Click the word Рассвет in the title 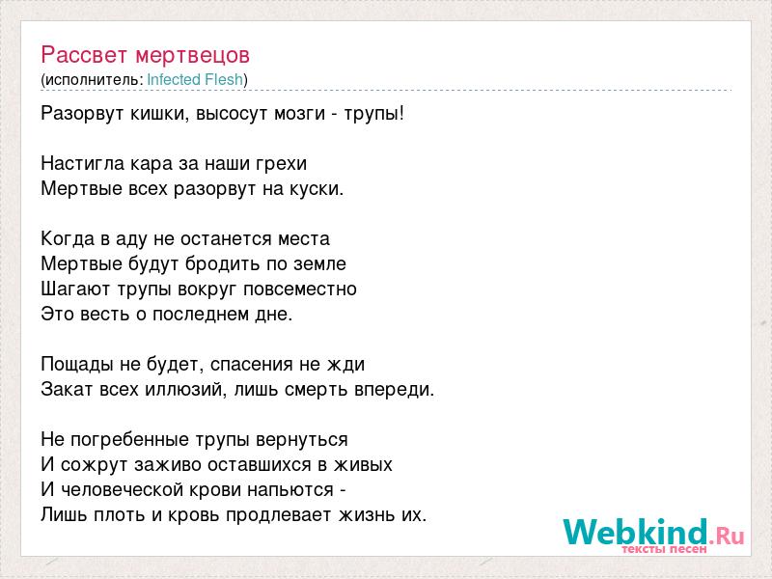click(84, 55)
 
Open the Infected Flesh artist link click(195, 80)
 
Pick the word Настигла click(83, 163)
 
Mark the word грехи click(281, 164)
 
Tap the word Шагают click(76, 289)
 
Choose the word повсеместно click(300, 289)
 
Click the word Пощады click(78, 365)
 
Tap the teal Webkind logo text click(636, 532)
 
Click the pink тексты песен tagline click(664, 549)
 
